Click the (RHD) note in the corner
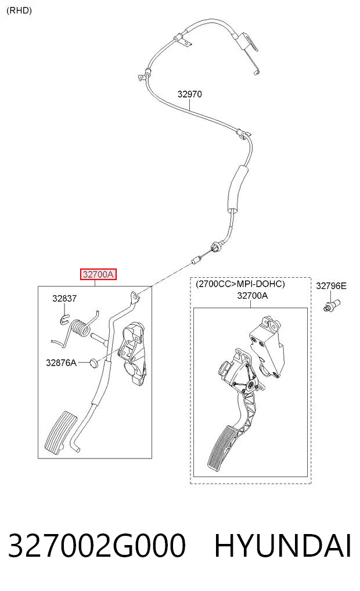tap(19, 10)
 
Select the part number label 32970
tap(189, 94)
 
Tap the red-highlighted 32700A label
tap(98, 274)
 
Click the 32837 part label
tap(64, 299)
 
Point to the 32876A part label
tap(61, 363)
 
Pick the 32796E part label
tap(331, 286)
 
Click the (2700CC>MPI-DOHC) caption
tap(240, 284)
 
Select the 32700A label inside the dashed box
tap(253, 296)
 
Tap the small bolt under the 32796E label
tap(332, 305)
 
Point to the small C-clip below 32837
tap(64, 320)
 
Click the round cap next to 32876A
tap(95, 363)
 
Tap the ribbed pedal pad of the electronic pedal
tap(222, 447)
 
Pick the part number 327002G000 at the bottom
tap(96, 546)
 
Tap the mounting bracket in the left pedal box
tap(132, 353)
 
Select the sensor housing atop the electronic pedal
tap(266, 345)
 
